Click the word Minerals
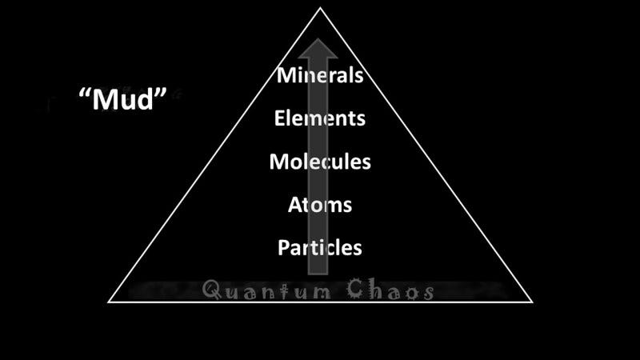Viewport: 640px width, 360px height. [320, 76]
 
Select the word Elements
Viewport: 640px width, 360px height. [320, 118]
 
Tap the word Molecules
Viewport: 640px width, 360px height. [320, 161]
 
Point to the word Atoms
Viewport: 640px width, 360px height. [320, 204]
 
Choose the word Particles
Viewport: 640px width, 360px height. [320, 247]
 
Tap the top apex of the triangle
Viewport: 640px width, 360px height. [321, 8]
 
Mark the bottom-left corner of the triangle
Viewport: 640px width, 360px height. [109, 302]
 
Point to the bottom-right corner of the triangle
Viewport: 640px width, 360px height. [532, 302]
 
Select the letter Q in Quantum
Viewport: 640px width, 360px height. [213, 289]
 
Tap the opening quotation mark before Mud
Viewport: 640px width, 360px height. [84, 93]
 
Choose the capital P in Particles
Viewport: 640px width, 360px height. [283, 247]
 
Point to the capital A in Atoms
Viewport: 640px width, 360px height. [295, 204]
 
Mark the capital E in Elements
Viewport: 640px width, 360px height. [279, 118]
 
